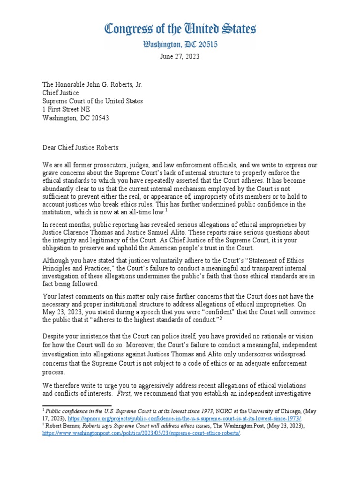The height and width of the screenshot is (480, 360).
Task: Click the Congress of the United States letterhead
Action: (x=180, y=30)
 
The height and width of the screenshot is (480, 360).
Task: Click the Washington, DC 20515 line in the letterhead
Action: (x=180, y=45)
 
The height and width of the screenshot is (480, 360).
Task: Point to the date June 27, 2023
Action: (x=180, y=56)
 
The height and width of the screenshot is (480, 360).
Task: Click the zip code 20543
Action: (x=100, y=118)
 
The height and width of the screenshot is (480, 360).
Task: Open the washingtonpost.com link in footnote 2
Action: (x=141, y=433)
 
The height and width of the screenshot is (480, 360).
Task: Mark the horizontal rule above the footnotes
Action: (x=77, y=405)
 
